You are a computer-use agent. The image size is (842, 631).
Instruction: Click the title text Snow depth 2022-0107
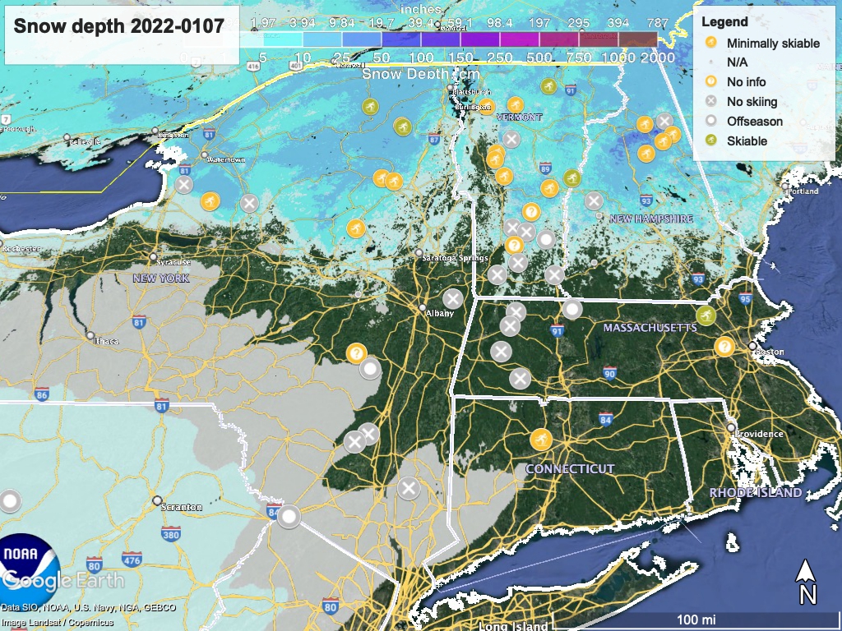118,26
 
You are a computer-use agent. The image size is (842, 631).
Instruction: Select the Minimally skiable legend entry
772,43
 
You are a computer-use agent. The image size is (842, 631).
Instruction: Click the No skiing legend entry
752,102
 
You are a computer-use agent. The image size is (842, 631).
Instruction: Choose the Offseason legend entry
754,122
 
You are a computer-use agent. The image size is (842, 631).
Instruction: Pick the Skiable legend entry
747,141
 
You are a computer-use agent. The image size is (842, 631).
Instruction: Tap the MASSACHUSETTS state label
650,328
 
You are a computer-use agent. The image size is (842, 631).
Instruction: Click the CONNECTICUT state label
570,468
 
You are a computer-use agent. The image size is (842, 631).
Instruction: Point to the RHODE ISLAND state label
756,493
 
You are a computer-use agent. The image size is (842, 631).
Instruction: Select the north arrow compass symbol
807,581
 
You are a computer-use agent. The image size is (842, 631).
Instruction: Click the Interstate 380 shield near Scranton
171,536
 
